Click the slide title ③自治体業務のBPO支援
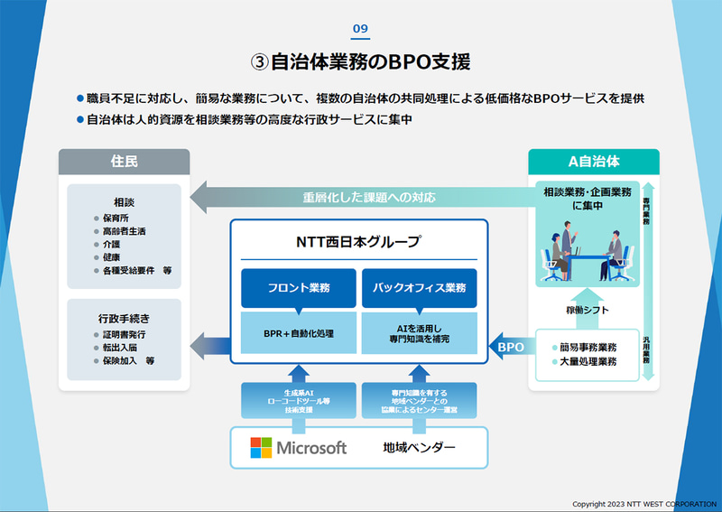[x=360, y=62]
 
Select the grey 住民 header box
[x=125, y=162]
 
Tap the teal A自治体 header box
[x=593, y=162]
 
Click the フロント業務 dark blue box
[x=298, y=288]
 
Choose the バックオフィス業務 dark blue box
[x=419, y=288]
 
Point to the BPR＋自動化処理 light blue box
[x=298, y=332]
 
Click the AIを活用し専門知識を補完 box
[x=419, y=332]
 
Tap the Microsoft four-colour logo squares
[x=261, y=448]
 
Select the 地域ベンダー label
[x=419, y=448]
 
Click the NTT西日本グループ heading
[x=358, y=242]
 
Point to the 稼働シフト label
[x=588, y=310]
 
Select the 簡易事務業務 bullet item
[x=588, y=346]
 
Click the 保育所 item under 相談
[x=117, y=218]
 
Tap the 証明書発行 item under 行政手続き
[x=125, y=334]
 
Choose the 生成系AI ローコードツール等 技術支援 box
[x=298, y=399]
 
